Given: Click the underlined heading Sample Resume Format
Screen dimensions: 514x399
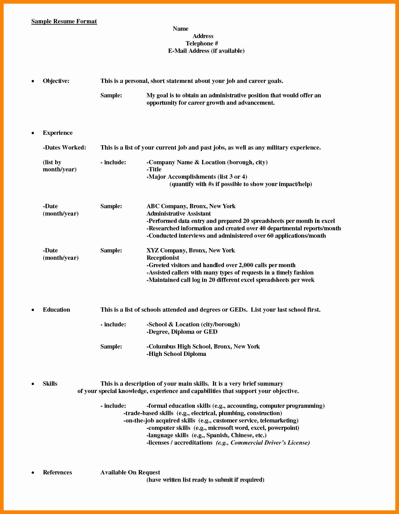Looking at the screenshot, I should pyautogui.click(x=64, y=21).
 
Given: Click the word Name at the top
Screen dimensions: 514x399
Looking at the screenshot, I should pyautogui.click(x=180, y=29).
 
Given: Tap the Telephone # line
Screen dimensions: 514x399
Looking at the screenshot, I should pyautogui.click(x=202, y=44).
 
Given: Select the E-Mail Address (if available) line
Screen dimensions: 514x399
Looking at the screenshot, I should pyautogui.click(x=206, y=51).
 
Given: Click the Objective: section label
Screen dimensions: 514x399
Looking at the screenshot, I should pyautogui.click(x=56, y=81).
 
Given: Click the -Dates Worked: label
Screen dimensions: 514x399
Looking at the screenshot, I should pyautogui.click(x=65, y=148).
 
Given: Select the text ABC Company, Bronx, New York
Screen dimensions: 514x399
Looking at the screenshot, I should pyautogui.click(x=191, y=206).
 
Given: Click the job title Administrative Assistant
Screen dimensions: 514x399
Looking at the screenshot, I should pyautogui.click(x=178, y=214).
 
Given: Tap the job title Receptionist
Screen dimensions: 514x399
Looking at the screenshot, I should pyautogui.click(x=163, y=258).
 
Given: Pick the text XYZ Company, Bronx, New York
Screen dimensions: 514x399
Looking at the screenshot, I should pyautogui.click(x=190, y=251).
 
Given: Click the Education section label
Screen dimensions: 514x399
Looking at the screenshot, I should pyautogui.click(x=56, y=310).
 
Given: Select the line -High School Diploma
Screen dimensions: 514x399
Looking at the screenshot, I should pyautogui.click(x=176, y=354).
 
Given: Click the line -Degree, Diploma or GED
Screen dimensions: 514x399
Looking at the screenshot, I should pyautogui.click(x=182, y=332).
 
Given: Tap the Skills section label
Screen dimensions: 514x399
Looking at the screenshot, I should pyautogui.click(x=50, y=384).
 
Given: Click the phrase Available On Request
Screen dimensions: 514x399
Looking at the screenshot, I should pyautogui.click(x=130, y=473).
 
